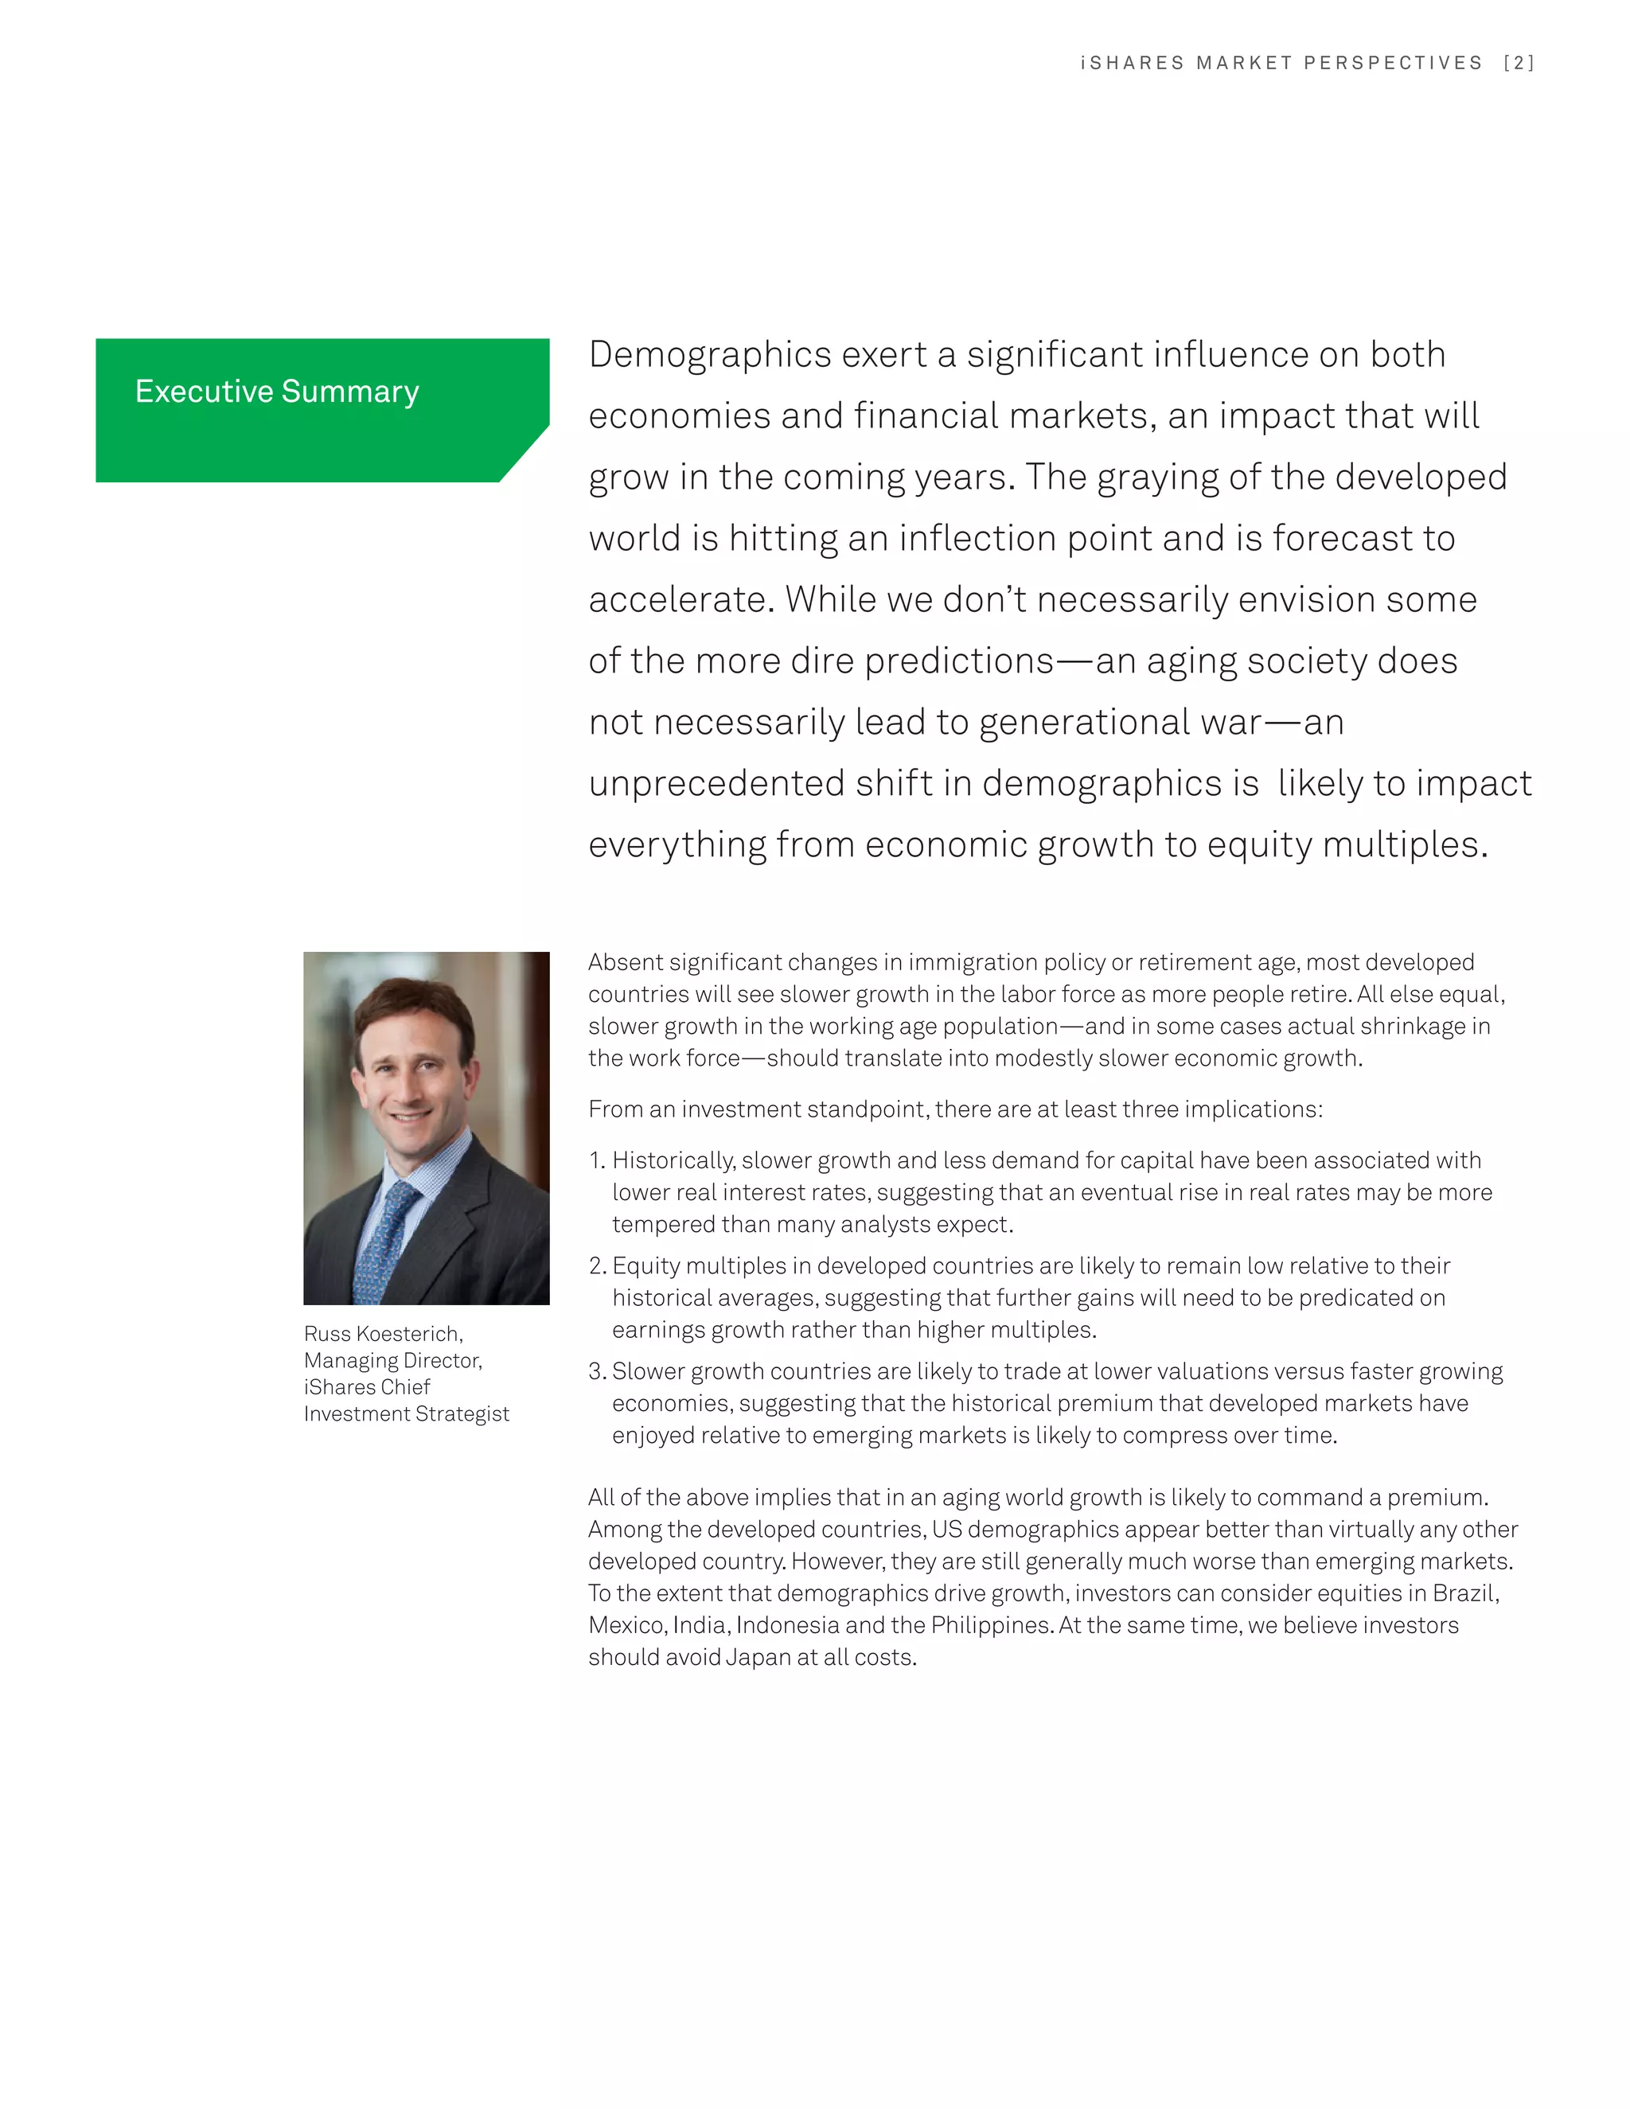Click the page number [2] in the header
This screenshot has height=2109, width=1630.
(x=1519, y=64)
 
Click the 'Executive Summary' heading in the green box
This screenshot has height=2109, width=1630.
(x=277, y=391)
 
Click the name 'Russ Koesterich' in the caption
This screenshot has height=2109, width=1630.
(x=382, y=1334)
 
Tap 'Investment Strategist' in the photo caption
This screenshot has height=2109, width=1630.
(x=407, y=1413)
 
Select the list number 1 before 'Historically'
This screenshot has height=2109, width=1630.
(x=596, y=1160)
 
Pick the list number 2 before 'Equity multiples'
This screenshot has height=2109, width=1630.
(x=596, y=1266)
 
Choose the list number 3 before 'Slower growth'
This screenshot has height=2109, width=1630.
(x=596, y=1371)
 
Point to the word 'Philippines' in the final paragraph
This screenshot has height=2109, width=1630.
(x=991, y=1625)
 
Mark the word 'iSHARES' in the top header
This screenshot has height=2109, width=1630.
(x=1132, y=64)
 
